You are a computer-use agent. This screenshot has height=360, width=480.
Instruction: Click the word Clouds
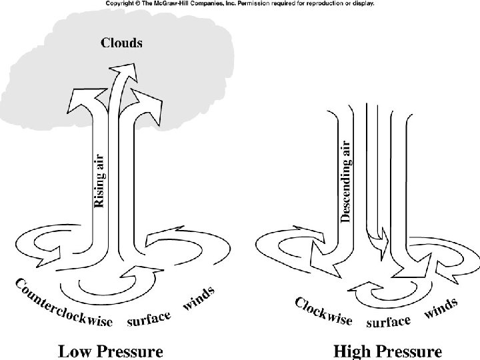[121, 43]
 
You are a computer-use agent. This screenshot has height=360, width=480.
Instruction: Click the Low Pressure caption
[111, 350]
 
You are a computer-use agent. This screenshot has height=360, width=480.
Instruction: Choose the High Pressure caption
[387, 350]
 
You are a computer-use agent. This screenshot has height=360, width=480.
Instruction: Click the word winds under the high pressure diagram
[441, 309]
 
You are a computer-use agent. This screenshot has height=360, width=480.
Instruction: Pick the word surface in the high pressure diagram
[389, 321]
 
